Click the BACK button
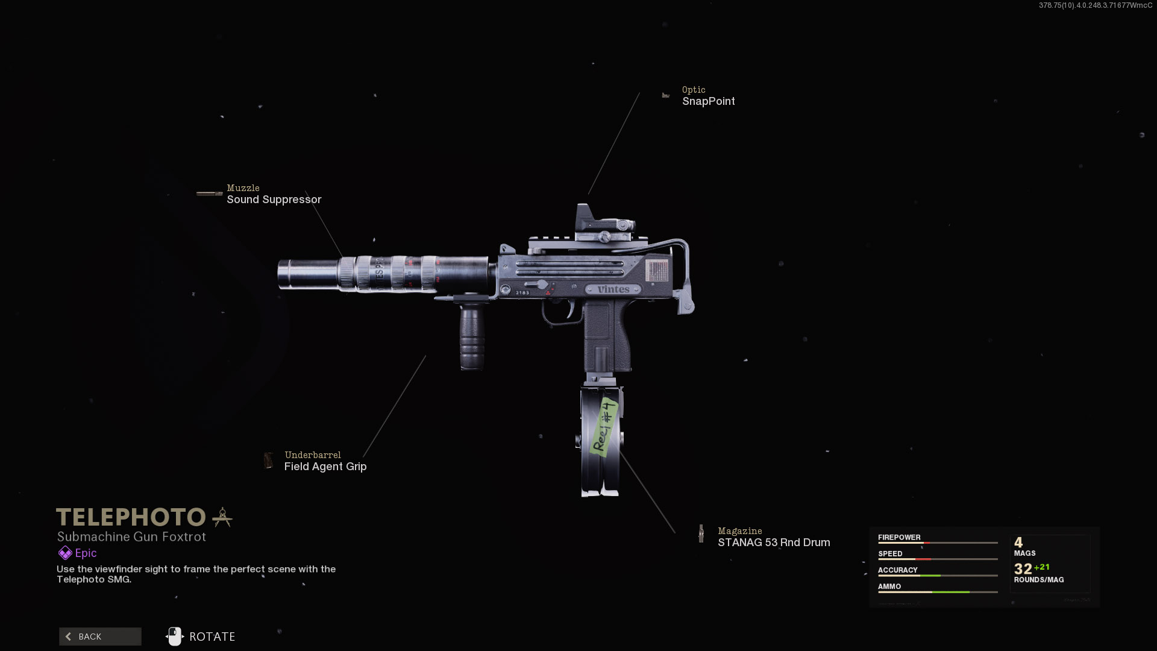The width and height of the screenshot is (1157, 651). click(100, 637)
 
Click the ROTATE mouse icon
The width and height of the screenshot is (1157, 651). click(175, 637)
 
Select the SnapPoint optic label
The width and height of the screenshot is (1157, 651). click(708, 101)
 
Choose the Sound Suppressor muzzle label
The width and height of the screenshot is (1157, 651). click(274, 200)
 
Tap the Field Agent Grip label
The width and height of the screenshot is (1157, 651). click(325, 467)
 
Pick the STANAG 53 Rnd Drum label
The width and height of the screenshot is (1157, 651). click(773, 542)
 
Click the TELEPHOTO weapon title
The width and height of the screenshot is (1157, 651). click(131, 517)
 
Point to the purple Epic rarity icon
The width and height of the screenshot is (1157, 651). click(65, 553)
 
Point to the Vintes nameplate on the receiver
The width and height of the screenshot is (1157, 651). click(613, 289)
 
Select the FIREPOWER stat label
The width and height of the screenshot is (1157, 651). click(899, 537)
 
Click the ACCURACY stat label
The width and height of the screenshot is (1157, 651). click(897, 570)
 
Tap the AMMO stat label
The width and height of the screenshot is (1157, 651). click(889, 586)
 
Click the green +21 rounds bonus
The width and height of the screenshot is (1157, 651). click(1042, 567)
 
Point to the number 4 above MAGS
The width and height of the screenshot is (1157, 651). click(1018, 542)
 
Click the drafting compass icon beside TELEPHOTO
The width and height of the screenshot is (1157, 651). click(222, 517)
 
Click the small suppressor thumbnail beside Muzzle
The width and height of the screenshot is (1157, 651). click(209, 193)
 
